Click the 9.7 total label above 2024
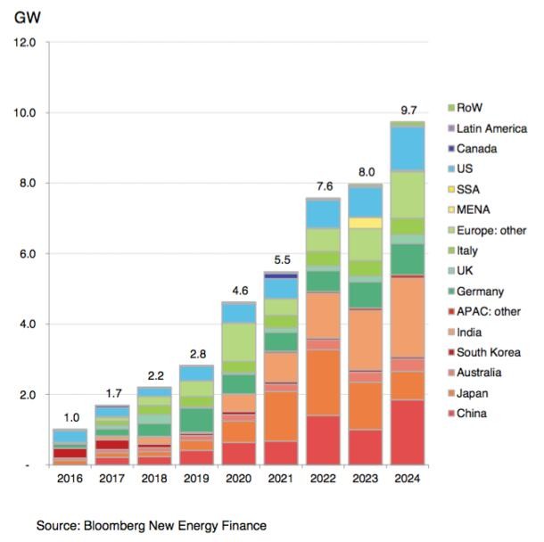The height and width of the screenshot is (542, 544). coord(408,111)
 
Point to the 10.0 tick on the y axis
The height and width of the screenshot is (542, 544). coord(22,113)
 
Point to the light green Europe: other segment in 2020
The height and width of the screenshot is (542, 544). coord(237,341)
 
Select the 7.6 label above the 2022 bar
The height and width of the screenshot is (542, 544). coord(322,186)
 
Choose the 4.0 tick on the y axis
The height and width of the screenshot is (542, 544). coord(24,324)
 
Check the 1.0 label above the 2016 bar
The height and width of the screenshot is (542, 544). coord(69,417)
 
